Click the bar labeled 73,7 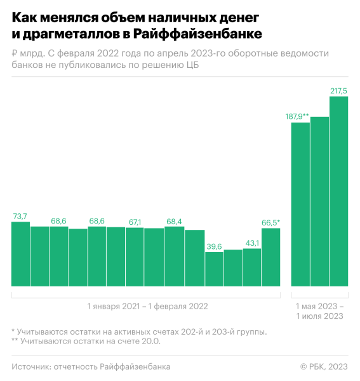coord(20,254)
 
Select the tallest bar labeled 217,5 coord(338,190)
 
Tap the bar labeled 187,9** coord(300,203)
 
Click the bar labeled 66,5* coord(270,257)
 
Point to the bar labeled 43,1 coord(252,267)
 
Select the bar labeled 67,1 coord(135,257)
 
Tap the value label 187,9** coord(297,116)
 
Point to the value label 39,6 coord(214,246)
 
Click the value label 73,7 coord(20,216)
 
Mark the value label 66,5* coord(270,222)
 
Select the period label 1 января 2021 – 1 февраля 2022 coord(147,306)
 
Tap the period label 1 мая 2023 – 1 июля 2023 coord(320,311)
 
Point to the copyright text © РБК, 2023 coord(324,366)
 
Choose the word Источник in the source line coord(31,366)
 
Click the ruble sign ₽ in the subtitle coord(15,54)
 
